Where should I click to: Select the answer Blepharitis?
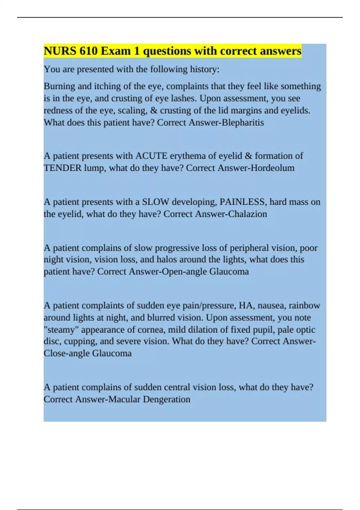[243, 122]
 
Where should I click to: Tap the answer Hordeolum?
[272, 168]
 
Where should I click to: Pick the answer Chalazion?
[247, 214]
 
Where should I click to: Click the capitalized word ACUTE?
[151, 156]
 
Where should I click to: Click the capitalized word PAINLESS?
[243, 202]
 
